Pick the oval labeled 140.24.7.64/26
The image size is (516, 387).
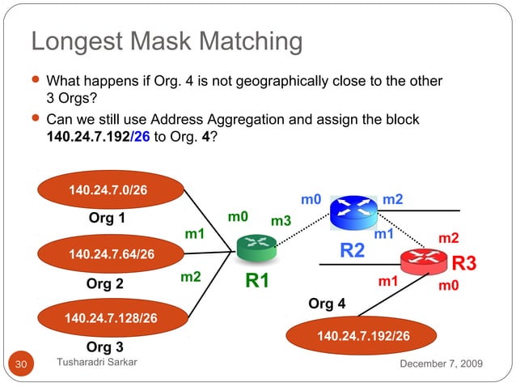[111, 254]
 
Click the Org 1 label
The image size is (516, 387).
[107, 218]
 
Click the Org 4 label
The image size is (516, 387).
[327, 304]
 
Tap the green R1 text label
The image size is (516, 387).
[256, 282]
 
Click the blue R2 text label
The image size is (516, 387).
[352, 251]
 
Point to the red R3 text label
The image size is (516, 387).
[463, 264]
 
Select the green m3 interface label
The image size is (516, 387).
[281, 221]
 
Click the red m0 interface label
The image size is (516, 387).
[448, 286]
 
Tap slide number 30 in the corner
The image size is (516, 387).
[20, 366]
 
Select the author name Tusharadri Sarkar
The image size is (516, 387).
[97, 364]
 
